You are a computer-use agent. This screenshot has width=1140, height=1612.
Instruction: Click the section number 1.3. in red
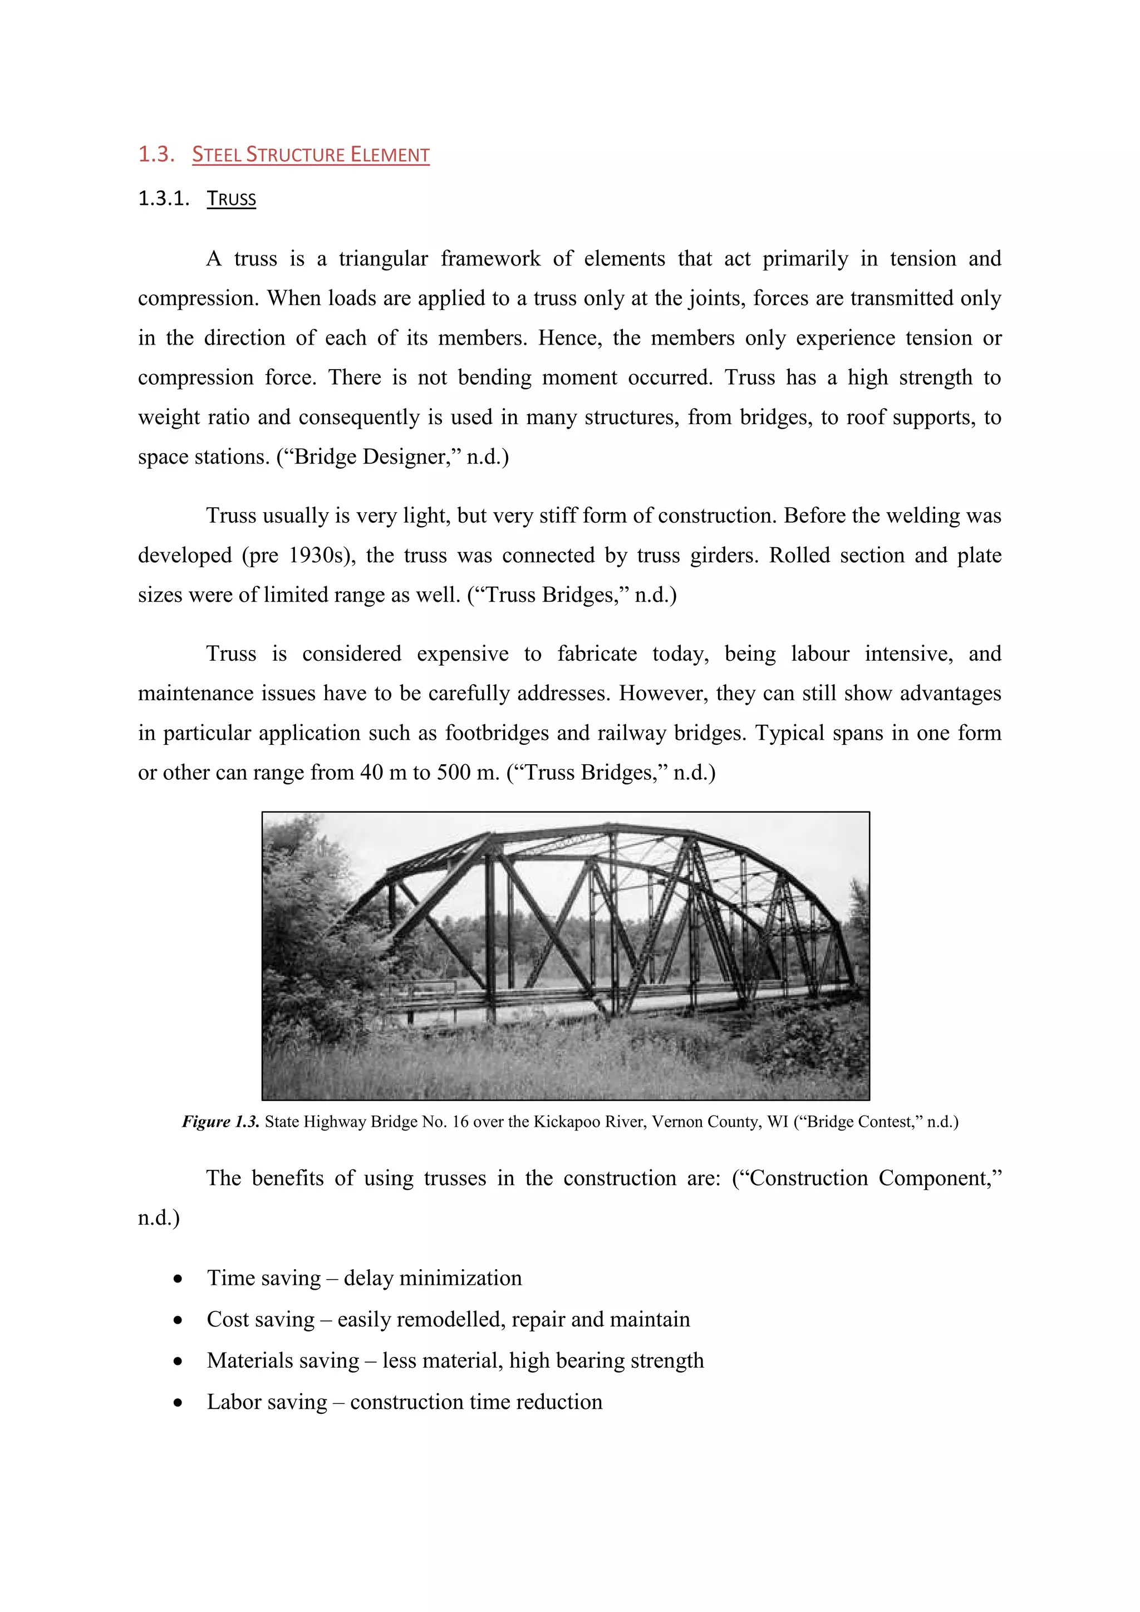pos(156,154)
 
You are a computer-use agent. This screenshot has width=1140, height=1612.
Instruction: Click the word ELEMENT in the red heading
pos(390,155)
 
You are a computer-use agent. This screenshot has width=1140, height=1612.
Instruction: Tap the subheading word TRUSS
pos(231,199)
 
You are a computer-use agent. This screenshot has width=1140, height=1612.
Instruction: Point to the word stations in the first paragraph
pos(232,457)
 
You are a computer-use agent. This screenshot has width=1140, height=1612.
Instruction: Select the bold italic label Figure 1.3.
pos(220,1122)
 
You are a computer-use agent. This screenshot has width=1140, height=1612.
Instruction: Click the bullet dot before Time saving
pos(178,1279)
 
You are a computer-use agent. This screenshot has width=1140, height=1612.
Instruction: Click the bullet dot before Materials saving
pos(178,1362)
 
